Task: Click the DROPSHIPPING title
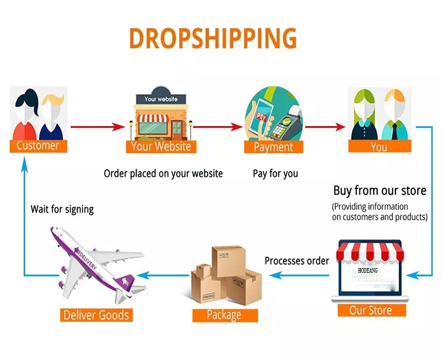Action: (x=213, y=38)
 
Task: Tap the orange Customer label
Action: (x=38, y=146)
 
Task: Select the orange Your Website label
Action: (x=161, y=147)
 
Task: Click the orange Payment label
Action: (x=273, y=147)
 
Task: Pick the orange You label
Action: (x=380, y=147)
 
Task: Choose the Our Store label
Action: (x=371, y=310)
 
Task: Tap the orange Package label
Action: (x=225, y=315)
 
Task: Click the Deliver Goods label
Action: (x=97, y=315)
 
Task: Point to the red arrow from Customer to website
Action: (x=97, y=127)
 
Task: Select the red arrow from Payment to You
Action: (x=325, y=127)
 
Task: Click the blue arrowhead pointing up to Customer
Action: (x=25, y=164)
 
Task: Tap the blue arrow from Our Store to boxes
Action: (x=299, y=275)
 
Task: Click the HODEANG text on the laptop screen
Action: (x=368, y=270)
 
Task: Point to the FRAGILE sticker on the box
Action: (x=209, y=296)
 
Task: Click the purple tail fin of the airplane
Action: (x=124, y=282)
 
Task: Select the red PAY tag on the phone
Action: (x=261, y=116)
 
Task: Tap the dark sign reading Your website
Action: (x=161, y=99)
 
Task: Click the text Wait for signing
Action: (x=62, y=209)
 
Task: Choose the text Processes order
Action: (x=297, y=261)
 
